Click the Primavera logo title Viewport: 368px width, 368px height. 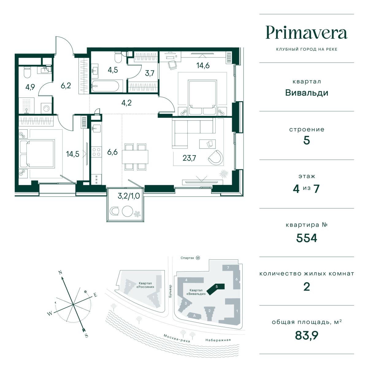[306, 33]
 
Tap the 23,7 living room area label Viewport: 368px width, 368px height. [189, 158]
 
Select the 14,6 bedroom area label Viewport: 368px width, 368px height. [203, 66]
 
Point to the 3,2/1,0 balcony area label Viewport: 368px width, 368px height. [128, 196]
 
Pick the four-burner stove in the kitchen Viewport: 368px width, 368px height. [96, 152]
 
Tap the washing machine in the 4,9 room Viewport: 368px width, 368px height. [46, 109]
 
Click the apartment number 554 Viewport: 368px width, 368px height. [306, 238]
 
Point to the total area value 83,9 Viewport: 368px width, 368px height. [306, 335]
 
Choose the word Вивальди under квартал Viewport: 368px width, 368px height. [306, 93]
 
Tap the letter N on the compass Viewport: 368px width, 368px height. [60, 273]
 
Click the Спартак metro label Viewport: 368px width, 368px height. [187, 258]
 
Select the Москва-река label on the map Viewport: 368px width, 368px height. [177, 338]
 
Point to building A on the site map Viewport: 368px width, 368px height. [194, 316]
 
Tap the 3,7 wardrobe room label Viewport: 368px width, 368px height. [150, 73]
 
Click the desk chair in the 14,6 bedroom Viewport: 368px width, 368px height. [173, 64]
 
